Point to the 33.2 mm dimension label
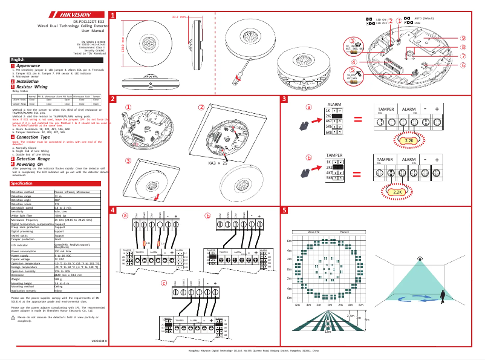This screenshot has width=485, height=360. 179,17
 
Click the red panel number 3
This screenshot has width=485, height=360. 284,99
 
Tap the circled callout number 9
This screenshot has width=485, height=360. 462,38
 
